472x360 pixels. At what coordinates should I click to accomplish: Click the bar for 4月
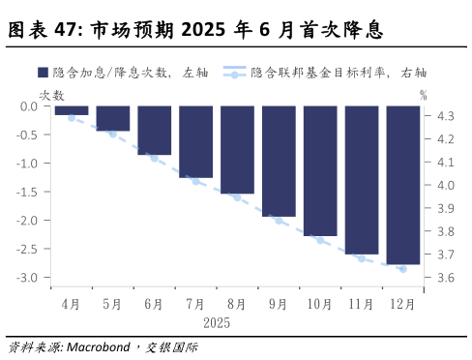click(71, 110)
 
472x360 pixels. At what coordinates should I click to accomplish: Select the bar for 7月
click(195, 141)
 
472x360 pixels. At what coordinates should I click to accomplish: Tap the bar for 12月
click(403, 185)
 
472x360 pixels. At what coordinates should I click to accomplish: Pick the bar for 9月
click(279, 161)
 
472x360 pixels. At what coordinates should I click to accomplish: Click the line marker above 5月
click(112, 134)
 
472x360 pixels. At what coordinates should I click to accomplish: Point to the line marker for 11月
click(362, 258)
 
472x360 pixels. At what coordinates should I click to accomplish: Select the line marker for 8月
click(237, 197)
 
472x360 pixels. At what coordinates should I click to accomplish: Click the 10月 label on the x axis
click(320, 303)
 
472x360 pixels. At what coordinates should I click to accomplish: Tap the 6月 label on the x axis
click(154, 303)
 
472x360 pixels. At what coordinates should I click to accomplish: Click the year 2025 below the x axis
click(217, 320)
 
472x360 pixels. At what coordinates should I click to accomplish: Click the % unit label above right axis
click(424, 94)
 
